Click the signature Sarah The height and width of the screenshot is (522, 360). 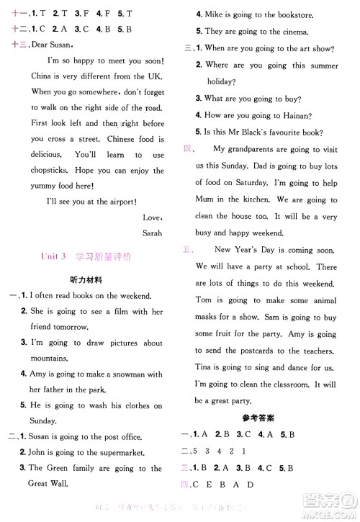click(x=153, y=233)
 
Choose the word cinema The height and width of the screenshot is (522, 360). click(x=293, y=32)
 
